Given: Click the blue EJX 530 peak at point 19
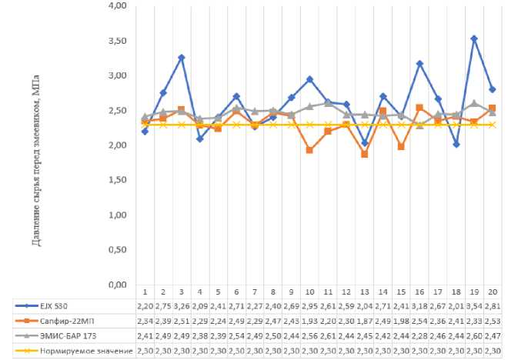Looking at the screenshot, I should tap(474, 38).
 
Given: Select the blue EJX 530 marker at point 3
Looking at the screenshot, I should tap(181, 58).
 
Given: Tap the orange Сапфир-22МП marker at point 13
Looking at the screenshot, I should tap(364, 155).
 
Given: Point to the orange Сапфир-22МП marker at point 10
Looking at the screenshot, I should tap(309, 150).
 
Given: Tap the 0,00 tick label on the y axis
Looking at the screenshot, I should tap(117, 285).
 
